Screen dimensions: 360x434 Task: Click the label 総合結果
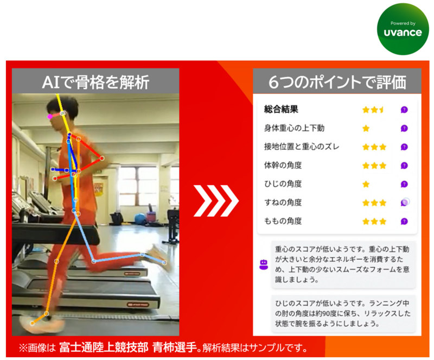point(280,109)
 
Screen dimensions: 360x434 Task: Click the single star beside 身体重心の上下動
point(366,129)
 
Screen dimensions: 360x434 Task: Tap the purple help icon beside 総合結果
point(404,110)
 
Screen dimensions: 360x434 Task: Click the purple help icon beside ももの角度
point(404,222)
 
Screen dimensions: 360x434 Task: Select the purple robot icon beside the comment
point(264,264)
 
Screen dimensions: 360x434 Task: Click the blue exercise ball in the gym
point(140,219)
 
